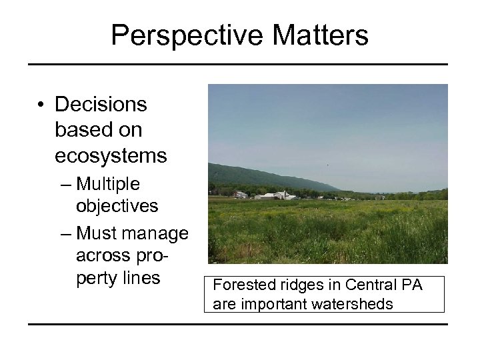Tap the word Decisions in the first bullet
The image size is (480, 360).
(101, 105)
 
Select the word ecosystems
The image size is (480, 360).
(111, 155)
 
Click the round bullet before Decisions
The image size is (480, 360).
(41, 105)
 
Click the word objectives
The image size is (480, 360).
(117, 206)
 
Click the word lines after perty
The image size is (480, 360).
(142, 277)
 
